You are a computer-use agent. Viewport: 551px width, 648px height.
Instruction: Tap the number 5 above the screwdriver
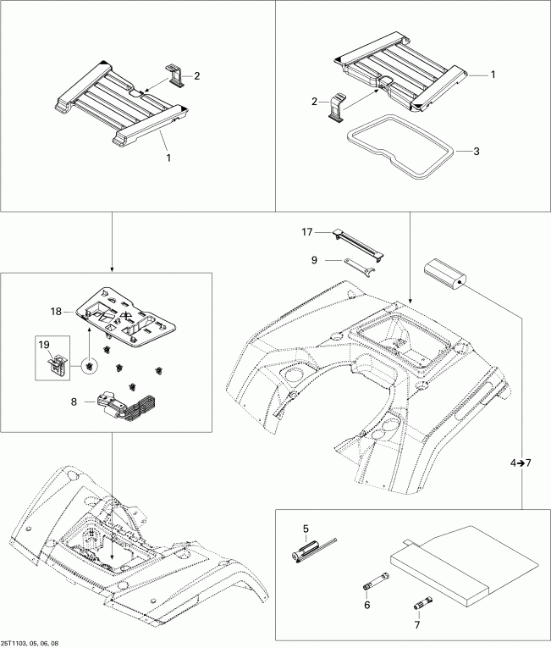306,529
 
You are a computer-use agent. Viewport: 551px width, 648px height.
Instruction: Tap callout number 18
57,312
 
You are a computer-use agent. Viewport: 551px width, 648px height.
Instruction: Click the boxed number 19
44,346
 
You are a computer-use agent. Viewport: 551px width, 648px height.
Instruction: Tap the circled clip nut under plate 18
89,366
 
